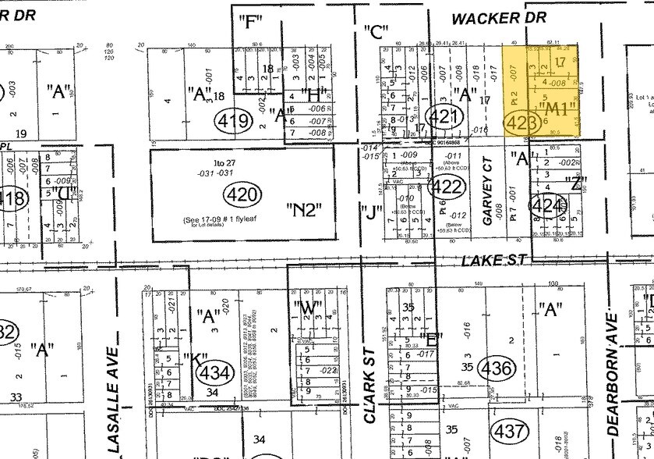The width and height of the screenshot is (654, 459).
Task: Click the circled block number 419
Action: point(234,121)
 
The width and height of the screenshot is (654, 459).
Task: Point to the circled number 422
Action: point(447,186)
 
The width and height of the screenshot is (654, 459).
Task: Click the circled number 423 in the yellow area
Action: point(522,123)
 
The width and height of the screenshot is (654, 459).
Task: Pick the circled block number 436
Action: point(496,366)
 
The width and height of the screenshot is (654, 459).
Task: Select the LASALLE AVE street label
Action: point(114,399)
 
